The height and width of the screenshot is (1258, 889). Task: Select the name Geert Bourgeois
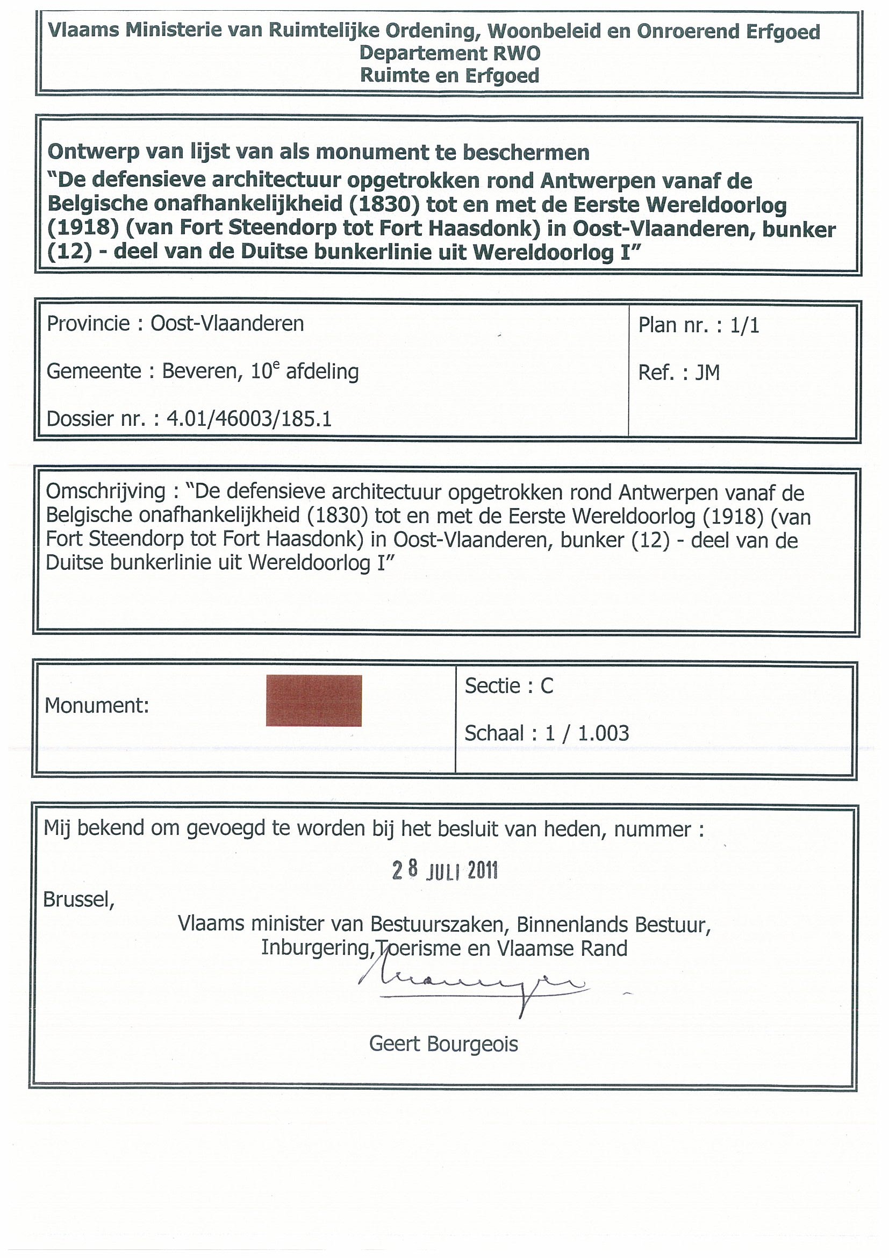coord(443,1045)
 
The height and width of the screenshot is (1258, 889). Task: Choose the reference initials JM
coord(707,373)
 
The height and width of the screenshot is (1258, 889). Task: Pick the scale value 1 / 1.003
coord(586,733)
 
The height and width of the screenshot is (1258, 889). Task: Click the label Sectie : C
coord(509,686)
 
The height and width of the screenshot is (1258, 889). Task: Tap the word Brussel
coord(78,900)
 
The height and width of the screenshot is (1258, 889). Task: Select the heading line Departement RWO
coord(450,53)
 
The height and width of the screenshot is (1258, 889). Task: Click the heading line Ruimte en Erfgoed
coord(450,76)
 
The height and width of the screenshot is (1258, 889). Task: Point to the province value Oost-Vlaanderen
coord(227,324)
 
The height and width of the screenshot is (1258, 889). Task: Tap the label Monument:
coord(97,706)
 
